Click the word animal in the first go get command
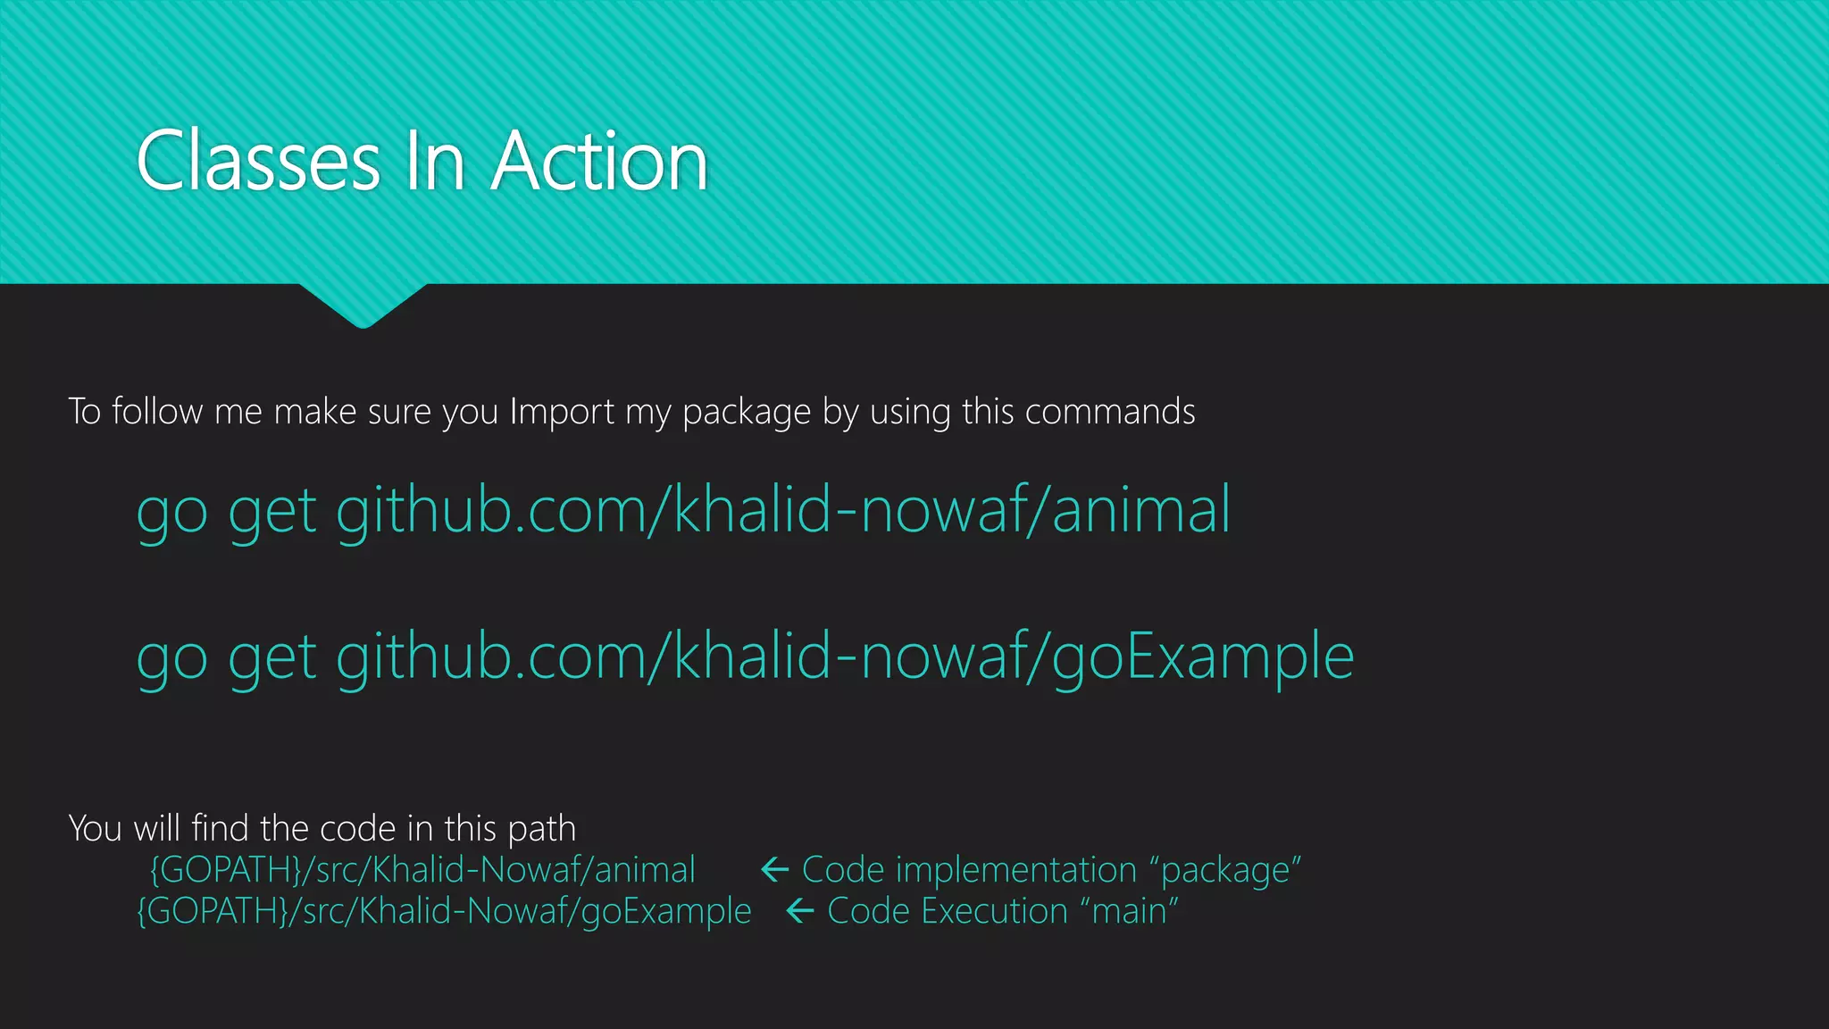click(x=1140, y=509)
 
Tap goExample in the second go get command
click(x=1202, y=657)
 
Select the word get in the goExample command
click(x=271, y=659)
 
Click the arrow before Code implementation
click(x=774, y=869)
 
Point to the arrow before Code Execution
click(x=800, y=911)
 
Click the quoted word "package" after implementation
click(x=1225, y=870)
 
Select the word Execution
click(x=994, y=911)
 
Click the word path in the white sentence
click(x=541, y=829)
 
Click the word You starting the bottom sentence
click(x=95, y=828)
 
